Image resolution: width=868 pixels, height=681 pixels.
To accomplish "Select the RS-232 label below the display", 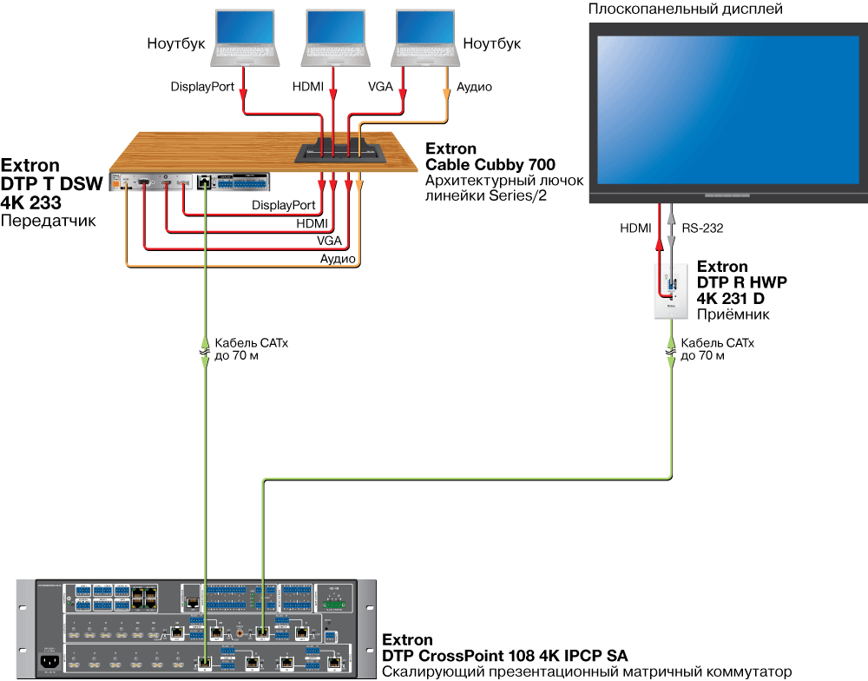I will point(702,228).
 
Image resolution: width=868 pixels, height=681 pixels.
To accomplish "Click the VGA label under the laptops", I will point(380,87).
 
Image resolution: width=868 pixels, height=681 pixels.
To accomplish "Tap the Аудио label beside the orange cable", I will point(475,87).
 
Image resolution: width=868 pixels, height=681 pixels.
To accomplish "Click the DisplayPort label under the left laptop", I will point(203,87).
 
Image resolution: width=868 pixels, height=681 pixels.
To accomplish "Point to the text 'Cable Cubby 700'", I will point(490,164).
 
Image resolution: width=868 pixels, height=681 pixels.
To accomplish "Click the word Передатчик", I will point(48,221).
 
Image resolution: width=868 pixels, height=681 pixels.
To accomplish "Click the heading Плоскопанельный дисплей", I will point(686,10).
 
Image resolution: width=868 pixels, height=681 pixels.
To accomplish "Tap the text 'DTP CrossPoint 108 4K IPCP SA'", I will point(504,655).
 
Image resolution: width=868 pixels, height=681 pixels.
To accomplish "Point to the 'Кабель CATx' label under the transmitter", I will point(251,344).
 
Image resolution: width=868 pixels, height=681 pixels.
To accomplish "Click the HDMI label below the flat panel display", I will point(635,228).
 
